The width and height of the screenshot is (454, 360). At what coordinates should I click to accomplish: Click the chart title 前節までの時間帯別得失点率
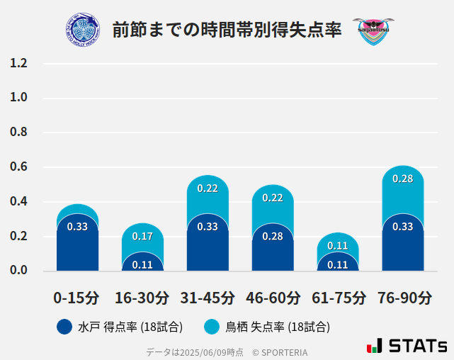click(227, 30)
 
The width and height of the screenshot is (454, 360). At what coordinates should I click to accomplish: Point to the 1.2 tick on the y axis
click(18, 64)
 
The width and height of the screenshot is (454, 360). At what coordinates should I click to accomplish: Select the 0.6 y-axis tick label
click(18, 167)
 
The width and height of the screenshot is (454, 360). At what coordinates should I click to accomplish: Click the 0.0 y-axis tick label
click(18, 271)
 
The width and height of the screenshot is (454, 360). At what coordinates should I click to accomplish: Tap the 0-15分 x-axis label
click(77, 298)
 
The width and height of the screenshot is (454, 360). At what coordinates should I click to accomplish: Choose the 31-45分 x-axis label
click(208, 298)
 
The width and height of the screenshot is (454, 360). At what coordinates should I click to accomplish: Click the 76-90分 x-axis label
click(403, 298)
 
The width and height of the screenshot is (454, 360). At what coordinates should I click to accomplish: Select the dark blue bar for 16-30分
click(142, 262)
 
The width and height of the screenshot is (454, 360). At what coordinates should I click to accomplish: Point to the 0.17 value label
click(142, 236)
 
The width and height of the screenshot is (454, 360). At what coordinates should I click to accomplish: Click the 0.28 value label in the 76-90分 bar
click(402, 179)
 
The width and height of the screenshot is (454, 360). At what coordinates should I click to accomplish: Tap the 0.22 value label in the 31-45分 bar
click(208, 189)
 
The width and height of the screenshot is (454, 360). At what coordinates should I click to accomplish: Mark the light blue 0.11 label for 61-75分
click(338, 246)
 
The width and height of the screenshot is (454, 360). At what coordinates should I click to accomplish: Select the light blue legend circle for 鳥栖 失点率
click(211, 327)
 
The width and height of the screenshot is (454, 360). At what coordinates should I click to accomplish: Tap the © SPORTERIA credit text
click(280, 351)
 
